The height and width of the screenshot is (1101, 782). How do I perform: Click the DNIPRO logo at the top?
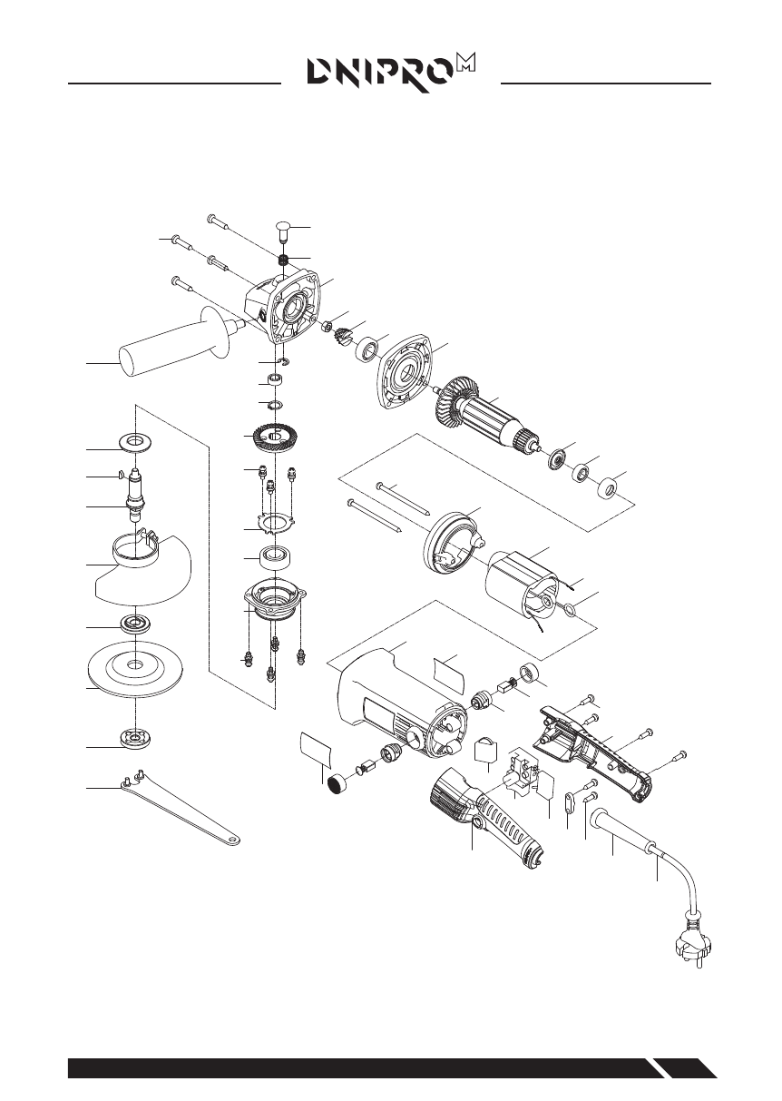pyautogui.click(x=390, y=70)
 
